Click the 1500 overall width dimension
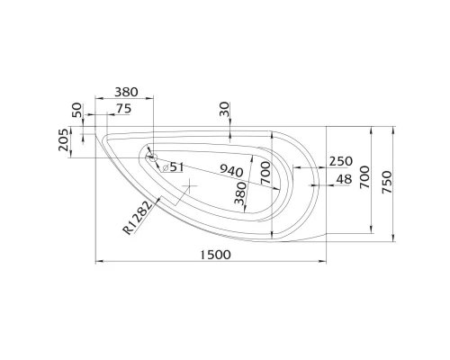tap(212, 254)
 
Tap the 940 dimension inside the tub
tap(233, 171)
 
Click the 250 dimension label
tap(340, 161)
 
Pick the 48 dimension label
tap(343, 179)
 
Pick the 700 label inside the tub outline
tap(265, 173)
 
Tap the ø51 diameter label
tap(174, 166)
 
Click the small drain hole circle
tap(152, 158)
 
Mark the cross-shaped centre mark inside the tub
tap(188, 186)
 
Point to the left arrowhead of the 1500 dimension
tap(98, 263)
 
